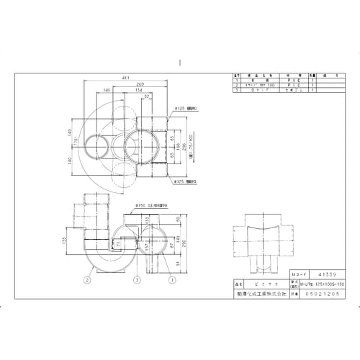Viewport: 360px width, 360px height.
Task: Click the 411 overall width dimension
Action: click(x=126, y=77)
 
